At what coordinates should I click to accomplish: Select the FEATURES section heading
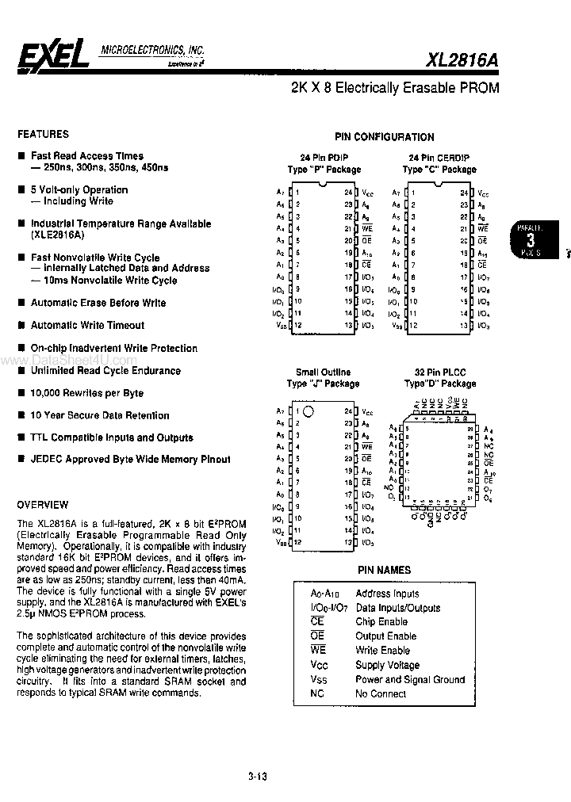pyautogui.click(x=44, y=134)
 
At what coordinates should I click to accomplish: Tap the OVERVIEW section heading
pyautogui.click(x=43, y=505)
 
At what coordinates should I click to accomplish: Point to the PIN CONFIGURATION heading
pyautogui.click(x=385, y=137)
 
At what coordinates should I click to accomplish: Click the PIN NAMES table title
pyautogui.click(x=385, y=569)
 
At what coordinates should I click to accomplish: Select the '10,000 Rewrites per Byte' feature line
pyautogui.click(x=87, y=393)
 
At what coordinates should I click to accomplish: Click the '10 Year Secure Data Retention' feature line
pyautogui.click(x=100, y=415)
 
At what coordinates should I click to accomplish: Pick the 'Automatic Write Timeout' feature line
pyautogui.click(x=87, y=325)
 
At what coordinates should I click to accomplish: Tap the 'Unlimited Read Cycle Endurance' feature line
pyautogui.click(x=105, y=370)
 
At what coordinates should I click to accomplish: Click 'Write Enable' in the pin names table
pyautogui.click(x=383, y=651)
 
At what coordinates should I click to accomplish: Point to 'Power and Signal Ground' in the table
pyautogui.click(x=410, y=679)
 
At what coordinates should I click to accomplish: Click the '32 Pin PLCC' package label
pyautogui.click(x=440, y=372)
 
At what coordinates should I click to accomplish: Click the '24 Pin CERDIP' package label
pyautogui.click(x=439, y=158)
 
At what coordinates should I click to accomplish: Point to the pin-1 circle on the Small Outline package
pyautogui.click(x=308, y=411)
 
